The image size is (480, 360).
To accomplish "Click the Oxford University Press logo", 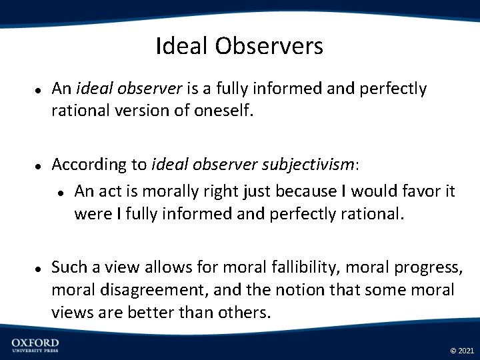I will pos(35,345).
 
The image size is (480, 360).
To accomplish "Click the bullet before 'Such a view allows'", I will pos(39,268).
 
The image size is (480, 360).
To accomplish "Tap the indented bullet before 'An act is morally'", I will pos(61,192).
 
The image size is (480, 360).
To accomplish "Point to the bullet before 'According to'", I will pos(39,165).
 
